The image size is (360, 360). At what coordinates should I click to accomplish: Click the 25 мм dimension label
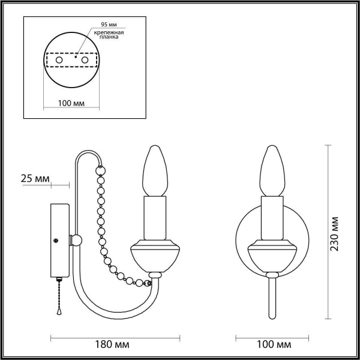click(35, 179)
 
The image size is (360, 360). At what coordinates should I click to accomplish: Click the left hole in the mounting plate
click(59, 61)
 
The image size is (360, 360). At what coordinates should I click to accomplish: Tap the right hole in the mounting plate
click(85, 61)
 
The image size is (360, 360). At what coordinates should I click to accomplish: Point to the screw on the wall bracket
click(56, 241)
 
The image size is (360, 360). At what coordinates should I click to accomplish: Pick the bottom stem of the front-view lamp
click(273, 297)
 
